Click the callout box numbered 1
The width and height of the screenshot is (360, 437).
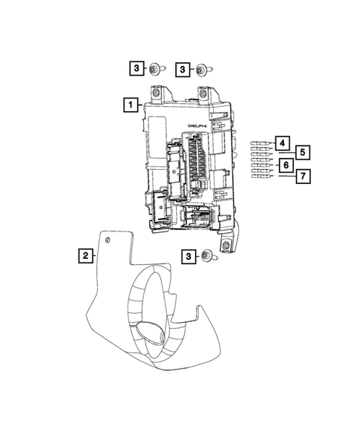click(131, 105)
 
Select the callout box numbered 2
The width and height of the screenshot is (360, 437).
click(87, 256)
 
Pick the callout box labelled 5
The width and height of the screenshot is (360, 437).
click(303, 153)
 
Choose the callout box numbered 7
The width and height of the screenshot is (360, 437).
click(303, 176)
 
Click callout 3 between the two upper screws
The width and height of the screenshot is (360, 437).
click(180, 69)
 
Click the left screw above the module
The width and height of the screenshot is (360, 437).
click(154, 70)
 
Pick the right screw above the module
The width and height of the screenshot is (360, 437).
click(202, 70)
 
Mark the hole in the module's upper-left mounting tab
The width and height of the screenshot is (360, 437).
click(158, 93)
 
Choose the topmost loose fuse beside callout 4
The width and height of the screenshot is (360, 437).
click(258, 141)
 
